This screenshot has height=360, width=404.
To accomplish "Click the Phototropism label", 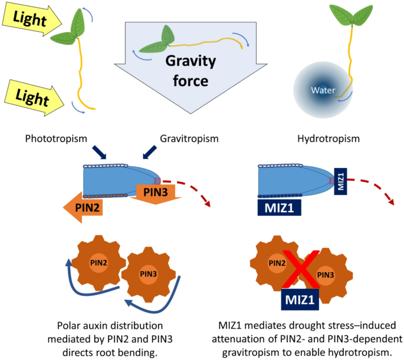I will (57, 139).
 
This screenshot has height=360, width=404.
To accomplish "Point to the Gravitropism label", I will (189, 139).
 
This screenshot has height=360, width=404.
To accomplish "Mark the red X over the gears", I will (301, 265).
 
